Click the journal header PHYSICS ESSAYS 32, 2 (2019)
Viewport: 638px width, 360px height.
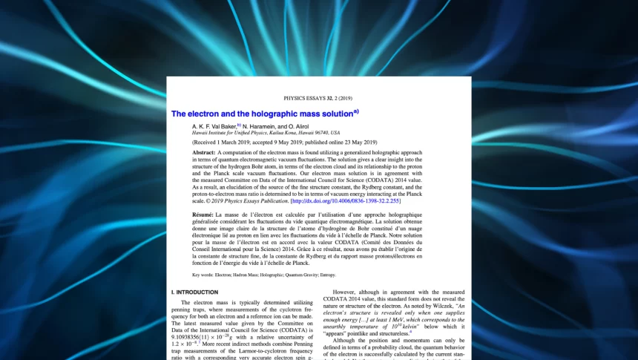(319, 98)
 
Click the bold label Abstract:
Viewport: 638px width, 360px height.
(203, 152)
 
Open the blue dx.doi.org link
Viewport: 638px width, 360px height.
(346, 200)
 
